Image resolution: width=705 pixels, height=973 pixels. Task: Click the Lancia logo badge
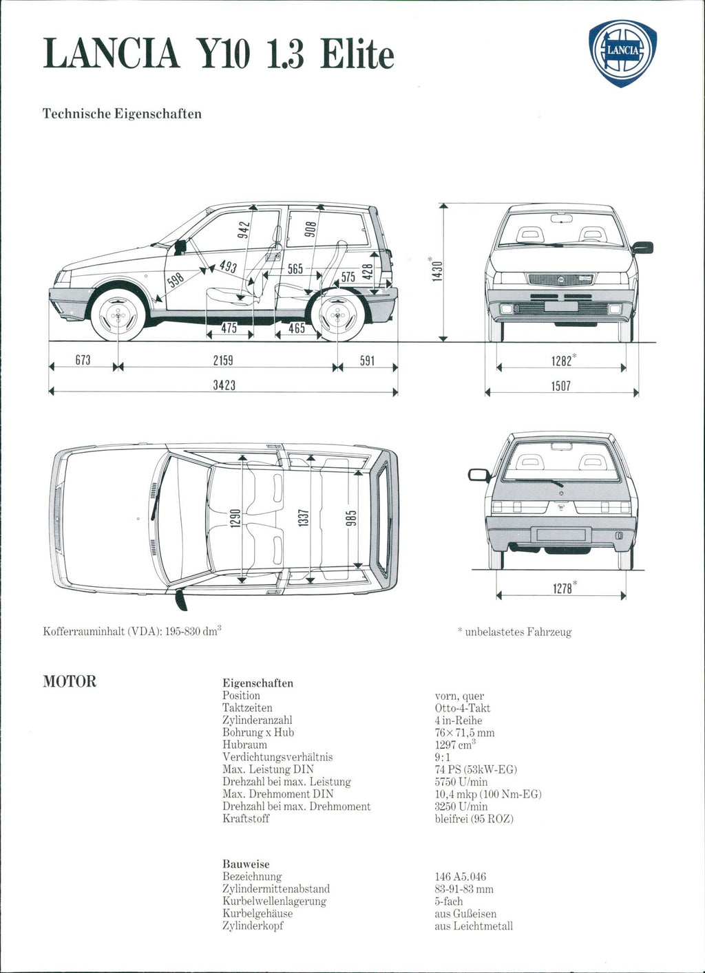622,52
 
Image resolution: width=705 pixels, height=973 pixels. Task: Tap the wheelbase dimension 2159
223,360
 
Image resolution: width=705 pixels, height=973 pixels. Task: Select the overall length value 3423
224,385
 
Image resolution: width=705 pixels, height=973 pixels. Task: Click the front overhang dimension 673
83,360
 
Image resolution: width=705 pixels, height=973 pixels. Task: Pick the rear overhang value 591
368,360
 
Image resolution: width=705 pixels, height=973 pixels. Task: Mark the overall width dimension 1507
561,386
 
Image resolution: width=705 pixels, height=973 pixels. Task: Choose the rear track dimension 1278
562,588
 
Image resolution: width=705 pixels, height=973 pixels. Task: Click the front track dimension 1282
562,360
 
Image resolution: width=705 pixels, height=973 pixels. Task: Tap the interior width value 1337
302,518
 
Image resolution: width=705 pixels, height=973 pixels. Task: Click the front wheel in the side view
118,315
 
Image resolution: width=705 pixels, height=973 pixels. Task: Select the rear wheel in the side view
337,315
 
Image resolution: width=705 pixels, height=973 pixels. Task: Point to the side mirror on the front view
643,247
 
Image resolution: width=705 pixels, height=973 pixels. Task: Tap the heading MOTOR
70,681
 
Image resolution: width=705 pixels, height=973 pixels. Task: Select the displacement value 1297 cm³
455,745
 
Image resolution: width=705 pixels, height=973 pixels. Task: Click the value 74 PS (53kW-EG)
476,769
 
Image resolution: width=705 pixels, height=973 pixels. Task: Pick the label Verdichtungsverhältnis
277,757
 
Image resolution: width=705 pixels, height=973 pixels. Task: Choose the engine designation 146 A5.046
460,877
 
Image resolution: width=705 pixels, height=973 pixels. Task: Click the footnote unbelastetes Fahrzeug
517,632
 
